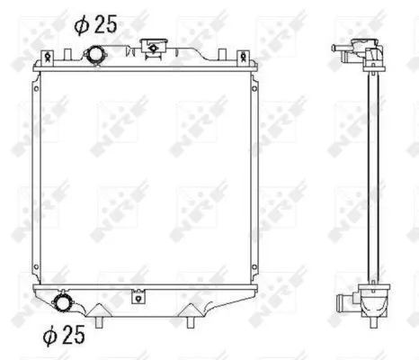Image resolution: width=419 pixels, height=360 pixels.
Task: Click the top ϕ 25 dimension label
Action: click(95, 24)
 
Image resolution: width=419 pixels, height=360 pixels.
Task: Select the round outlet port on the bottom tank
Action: click(63, 301)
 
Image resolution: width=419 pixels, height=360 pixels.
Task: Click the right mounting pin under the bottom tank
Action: click(193, 319)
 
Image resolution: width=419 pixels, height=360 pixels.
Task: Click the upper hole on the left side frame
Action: click(35, 90)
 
